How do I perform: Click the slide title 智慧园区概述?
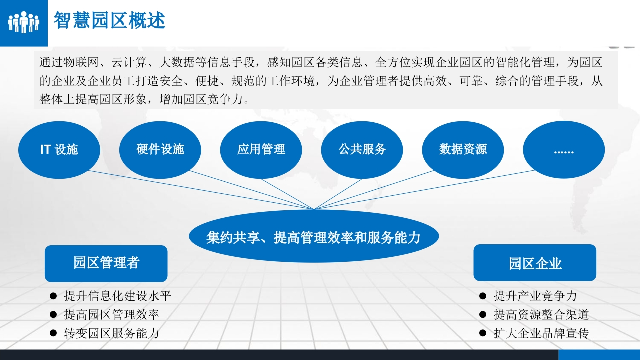[109, 20]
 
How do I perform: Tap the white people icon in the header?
[24, 22]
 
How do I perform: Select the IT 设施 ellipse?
[59, 150]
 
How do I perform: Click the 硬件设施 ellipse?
[160, 150]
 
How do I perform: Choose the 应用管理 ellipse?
[261, 150]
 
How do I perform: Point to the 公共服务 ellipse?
[362, 150]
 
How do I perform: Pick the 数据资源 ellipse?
[463, 150]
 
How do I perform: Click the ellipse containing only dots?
[564, 150]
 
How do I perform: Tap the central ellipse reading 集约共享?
[314, 236]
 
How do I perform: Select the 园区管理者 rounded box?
[106, 263]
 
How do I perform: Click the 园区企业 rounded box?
[535, 263]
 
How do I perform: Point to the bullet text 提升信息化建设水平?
[117, 296]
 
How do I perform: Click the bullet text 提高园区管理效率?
[111, 315]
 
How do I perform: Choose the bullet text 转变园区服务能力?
[111, 333]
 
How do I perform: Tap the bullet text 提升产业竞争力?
[535, 296]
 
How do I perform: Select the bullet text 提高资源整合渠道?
[541, 315]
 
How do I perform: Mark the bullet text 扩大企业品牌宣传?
[541, 333]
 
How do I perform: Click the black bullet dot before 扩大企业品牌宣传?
[483, 333]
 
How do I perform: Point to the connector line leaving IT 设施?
[201, 190]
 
